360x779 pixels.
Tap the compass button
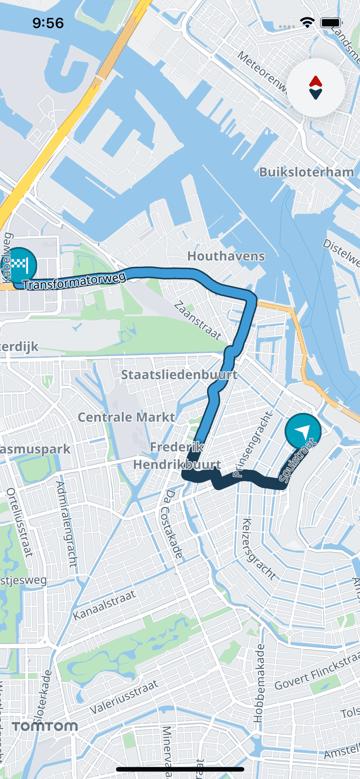click(x=315, y=88)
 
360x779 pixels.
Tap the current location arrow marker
click(x=303, y=431)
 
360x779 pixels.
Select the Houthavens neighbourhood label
click(x=226, y=256)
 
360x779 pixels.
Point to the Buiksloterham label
click(x=307, y=172)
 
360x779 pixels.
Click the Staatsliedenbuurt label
click(x=179, y=375)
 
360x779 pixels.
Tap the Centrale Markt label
click(x=126, y=417)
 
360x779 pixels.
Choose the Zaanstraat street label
click(x=197, y=320)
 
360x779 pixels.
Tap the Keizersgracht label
click(x=258, y=549)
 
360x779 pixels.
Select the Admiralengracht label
click(x=67, y=524)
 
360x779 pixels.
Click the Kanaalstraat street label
click(x=104, y=605)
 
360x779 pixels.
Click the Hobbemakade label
click(x=259, y=682)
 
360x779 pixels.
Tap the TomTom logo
click(x=45, y=726)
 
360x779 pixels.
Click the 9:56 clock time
click(x=48, y=23)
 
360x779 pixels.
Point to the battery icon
click(x=331, y=22)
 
